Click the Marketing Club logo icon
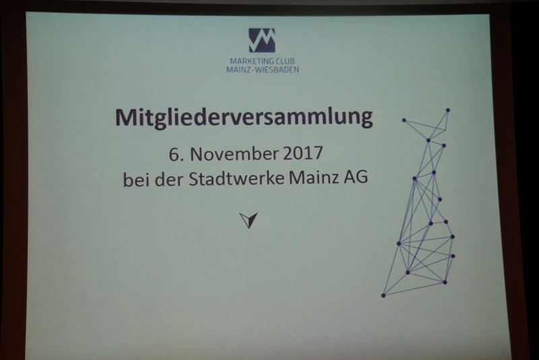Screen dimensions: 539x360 262,40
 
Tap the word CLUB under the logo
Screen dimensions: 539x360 286,61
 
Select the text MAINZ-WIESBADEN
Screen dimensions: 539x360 263,70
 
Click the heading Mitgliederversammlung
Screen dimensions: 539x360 244,118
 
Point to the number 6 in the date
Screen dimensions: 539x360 173,154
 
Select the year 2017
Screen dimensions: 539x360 303,153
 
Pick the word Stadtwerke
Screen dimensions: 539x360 236,178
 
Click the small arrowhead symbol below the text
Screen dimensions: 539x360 249,220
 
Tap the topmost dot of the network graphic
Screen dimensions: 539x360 448,111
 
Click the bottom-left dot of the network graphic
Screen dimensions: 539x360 383,295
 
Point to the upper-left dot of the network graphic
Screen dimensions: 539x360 404,121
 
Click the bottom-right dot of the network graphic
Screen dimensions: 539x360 445,282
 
